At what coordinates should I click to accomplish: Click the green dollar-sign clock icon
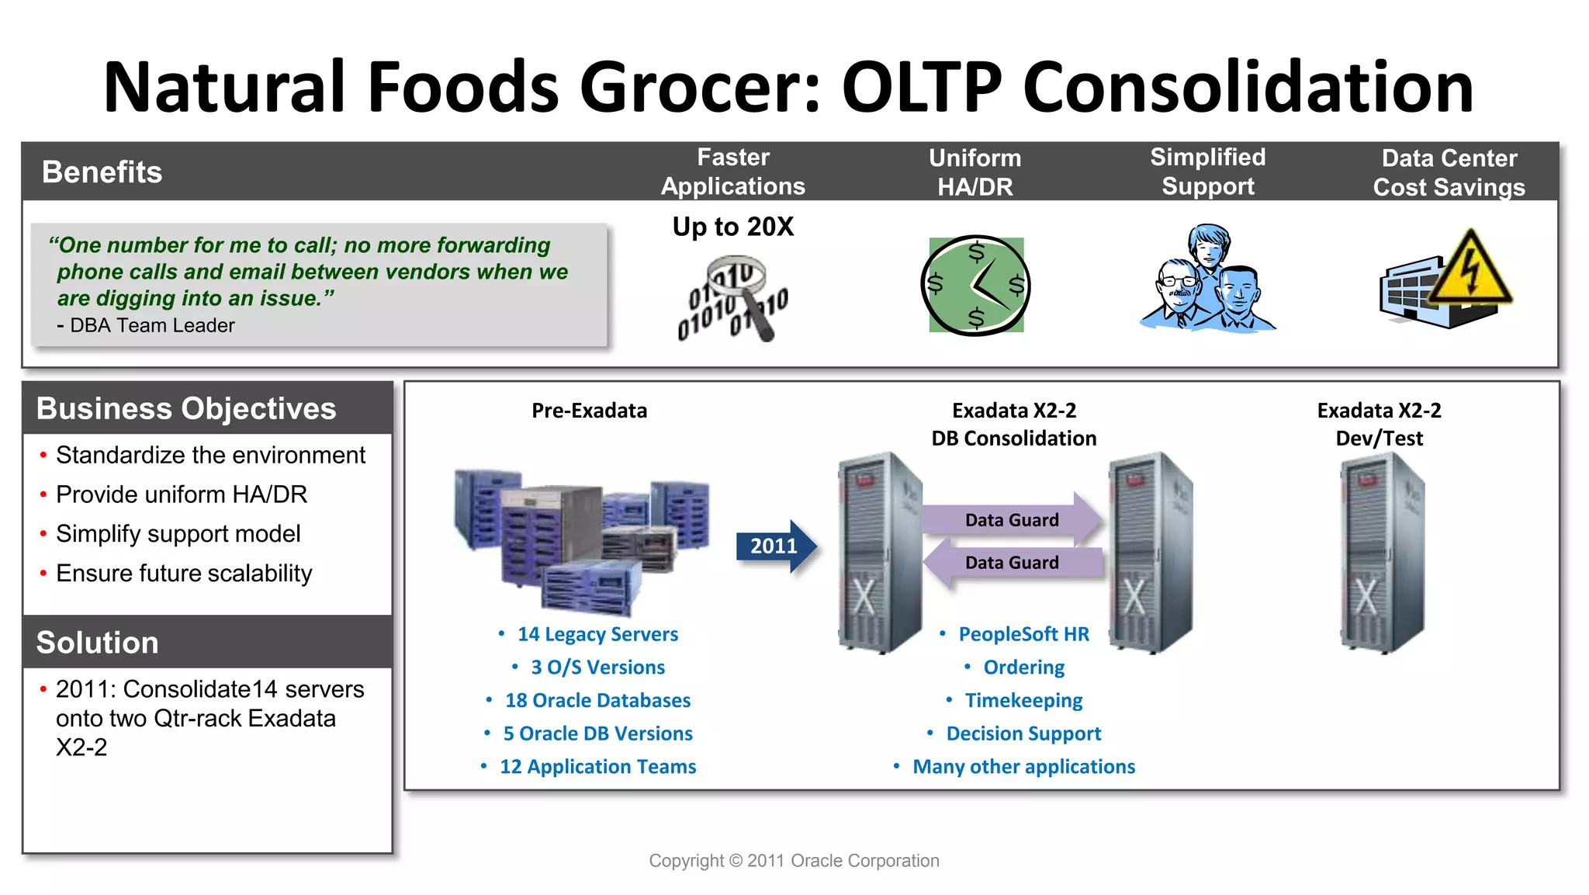click(976, 286)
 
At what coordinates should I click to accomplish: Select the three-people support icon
click(1207, 279)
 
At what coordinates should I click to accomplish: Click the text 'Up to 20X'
click(733, 227)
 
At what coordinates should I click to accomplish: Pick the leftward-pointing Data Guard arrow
click(1012, 563)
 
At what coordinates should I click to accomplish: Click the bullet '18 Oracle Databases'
click(597, 701)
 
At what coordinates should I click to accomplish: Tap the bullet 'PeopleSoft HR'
click(1023, 634)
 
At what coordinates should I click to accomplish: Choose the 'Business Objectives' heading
click(186, 409)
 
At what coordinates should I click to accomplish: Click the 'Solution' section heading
click(98, 643)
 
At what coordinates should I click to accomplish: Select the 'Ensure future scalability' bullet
click(184, 574)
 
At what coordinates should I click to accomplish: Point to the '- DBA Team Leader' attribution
click(146, 326)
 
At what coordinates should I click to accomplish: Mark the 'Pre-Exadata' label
click(589, 411)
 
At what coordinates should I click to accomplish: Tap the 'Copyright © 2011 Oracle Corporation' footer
click(794, 861)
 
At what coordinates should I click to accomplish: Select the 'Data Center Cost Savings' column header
click(1449, 172)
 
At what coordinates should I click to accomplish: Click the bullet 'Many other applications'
click(1023, 767)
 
